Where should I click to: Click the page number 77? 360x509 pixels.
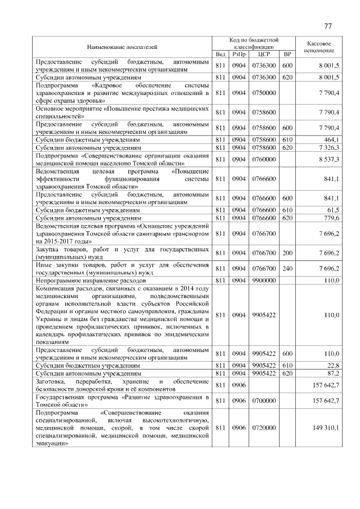tap(328, 26)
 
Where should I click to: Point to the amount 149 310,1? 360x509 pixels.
tap(326, 427)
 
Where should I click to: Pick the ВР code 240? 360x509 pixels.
tap(287, 268)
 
